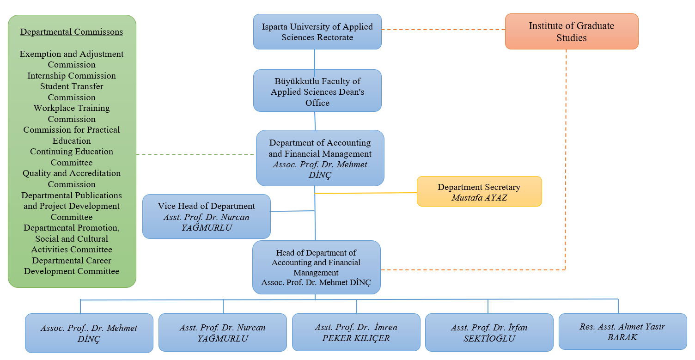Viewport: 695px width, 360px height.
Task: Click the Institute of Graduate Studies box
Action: [x=571, y=31]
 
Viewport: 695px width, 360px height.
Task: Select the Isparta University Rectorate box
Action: [x=317, y=31]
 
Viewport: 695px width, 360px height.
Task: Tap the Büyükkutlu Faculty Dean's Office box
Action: [x=317, y=91]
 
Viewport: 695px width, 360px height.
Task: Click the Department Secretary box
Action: [x=479, y=191]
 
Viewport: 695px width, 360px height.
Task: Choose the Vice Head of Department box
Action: [x=206, y=216]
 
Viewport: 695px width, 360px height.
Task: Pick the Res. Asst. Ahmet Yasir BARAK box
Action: [x=622, y=331]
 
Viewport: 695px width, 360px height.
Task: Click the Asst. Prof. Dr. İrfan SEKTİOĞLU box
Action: [x=489, y=332]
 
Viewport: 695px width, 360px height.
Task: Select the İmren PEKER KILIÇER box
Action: [x=356, y=332]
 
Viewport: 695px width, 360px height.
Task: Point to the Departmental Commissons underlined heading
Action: [x=72, y=32]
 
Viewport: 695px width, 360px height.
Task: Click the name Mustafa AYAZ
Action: [x=479, y=197]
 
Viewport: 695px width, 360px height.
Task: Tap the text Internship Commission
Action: [x=72, y=75]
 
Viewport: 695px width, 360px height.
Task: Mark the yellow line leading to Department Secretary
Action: [x=365, y=193]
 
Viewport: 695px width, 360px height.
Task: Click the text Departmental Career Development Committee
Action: [x=72, y=266]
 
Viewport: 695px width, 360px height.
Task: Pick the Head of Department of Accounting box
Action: [x=316, y=267]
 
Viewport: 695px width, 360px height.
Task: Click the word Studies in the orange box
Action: [x=571, y=38]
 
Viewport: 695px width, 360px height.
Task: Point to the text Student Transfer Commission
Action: [x=72, y=92]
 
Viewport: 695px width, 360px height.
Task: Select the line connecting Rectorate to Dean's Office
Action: [x=315, y=59]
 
